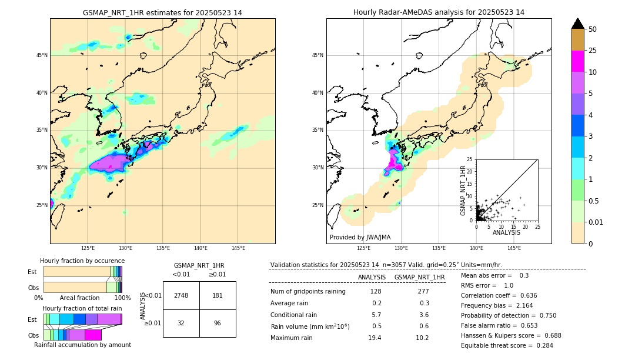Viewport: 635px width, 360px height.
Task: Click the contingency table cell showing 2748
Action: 181,295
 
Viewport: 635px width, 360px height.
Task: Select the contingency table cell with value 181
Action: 218,295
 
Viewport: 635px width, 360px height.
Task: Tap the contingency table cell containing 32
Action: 181,323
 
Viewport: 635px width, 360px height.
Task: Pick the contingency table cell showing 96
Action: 218,323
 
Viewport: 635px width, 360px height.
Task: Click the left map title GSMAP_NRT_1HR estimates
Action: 162,12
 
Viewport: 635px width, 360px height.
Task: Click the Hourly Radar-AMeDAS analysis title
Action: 439,12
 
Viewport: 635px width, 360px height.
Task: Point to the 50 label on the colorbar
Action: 593,29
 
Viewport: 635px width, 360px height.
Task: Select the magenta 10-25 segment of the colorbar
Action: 577,61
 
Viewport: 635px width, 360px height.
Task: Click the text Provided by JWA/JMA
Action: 360,237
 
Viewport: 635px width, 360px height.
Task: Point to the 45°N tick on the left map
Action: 42,55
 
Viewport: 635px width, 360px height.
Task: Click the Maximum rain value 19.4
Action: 375,338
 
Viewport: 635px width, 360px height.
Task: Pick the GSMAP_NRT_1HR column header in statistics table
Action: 419,277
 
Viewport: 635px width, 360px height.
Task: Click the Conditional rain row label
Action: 295,315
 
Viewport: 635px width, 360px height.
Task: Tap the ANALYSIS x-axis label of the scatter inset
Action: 506,232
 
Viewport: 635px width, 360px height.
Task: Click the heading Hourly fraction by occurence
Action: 82,261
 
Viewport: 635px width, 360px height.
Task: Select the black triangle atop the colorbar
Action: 577,24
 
